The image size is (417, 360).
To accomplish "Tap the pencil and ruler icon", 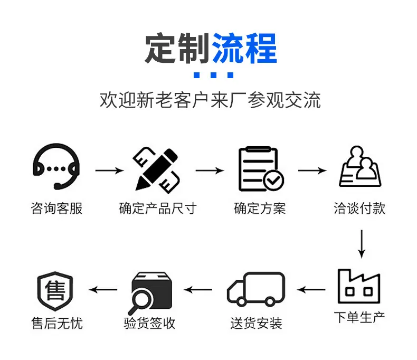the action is coord(157,170).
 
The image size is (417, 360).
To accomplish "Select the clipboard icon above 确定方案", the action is coord(261,169).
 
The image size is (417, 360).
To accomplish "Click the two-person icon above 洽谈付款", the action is coord(360,167).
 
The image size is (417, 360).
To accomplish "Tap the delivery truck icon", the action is coord(256,288).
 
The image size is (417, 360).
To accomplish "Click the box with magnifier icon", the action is coord(151,292).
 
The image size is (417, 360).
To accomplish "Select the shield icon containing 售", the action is coord(55,291).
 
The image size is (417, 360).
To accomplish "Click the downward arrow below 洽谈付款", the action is coord(362,244).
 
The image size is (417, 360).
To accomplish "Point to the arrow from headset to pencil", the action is coord(110,170).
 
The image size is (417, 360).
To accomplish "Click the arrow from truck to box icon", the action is coord(198,290).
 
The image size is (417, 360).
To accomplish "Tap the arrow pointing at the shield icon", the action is coord(103,290).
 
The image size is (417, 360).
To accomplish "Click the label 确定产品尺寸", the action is coord(158,209).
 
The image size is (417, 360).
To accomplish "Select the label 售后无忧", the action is coord(57,323).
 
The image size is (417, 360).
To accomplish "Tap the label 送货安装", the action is coord(256,323).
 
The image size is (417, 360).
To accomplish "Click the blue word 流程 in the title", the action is coord(244,48).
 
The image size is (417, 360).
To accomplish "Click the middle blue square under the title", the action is coord(214,75).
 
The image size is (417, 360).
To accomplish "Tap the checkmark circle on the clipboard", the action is coord(273,181).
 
